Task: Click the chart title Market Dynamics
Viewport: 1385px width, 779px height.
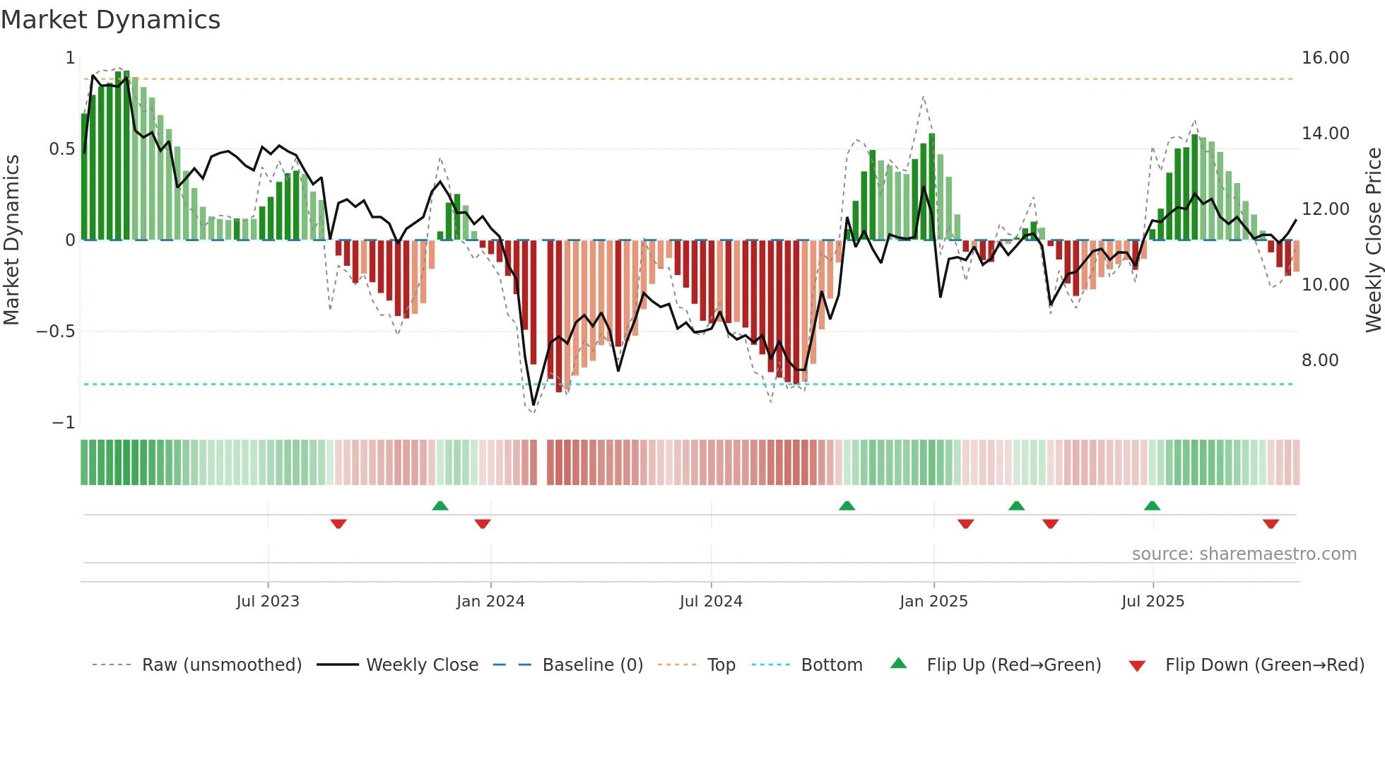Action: [111, 20]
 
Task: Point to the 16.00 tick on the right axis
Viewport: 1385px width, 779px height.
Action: [1325, 58]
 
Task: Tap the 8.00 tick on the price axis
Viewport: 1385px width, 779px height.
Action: [1319, 361]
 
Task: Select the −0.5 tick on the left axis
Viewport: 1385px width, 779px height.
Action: [55, 332]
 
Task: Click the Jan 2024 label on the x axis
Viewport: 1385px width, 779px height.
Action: [490, 602]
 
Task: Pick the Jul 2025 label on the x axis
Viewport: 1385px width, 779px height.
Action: [1153, 602]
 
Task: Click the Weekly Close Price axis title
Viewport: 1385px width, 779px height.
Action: [1373, 240]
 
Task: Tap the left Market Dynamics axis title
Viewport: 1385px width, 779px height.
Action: [11, 240]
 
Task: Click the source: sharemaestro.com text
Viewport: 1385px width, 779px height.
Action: [1244, 554]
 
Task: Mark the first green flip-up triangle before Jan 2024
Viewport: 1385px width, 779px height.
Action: [440, 505]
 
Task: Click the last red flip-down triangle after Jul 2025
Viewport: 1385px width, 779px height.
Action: [1271, 524]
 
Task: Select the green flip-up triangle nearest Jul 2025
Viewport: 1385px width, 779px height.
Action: [1152, 505]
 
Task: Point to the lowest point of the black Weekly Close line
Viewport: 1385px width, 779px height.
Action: [534, 405]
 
